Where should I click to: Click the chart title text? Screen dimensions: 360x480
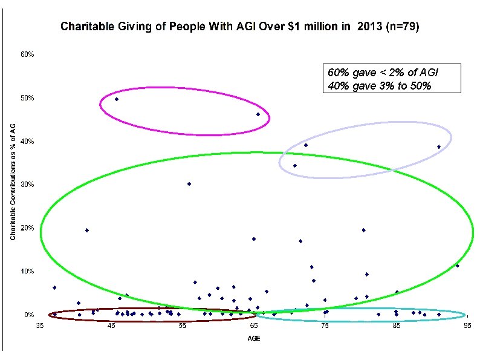tap(238, 27)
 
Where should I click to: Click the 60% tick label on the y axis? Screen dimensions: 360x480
tap(28, 54)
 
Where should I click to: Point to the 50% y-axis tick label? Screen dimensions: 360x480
tap(28, 98)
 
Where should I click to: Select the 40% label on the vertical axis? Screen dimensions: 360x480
tap(28, 142)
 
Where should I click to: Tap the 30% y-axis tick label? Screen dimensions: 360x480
tap(28, 185)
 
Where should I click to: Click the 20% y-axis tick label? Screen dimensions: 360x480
tap(28, 228)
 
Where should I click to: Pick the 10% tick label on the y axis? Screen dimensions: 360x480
tap(28, 272)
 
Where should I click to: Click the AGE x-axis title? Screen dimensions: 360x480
tap(254, 338)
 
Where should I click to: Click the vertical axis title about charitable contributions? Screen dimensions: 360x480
tap(13, 182)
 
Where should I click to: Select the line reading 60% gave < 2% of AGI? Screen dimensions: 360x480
tap(383, 72)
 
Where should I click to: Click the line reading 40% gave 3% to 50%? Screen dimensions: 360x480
tap(379, 85)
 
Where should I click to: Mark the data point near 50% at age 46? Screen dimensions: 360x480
tap(117, 99)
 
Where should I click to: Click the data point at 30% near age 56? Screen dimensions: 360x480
tap(189, 184)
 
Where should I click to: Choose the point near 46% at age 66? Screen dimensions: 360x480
tap(258, 114)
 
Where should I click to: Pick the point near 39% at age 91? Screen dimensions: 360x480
tap(439, 147)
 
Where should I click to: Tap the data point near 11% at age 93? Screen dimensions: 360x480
tap(457, 266)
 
